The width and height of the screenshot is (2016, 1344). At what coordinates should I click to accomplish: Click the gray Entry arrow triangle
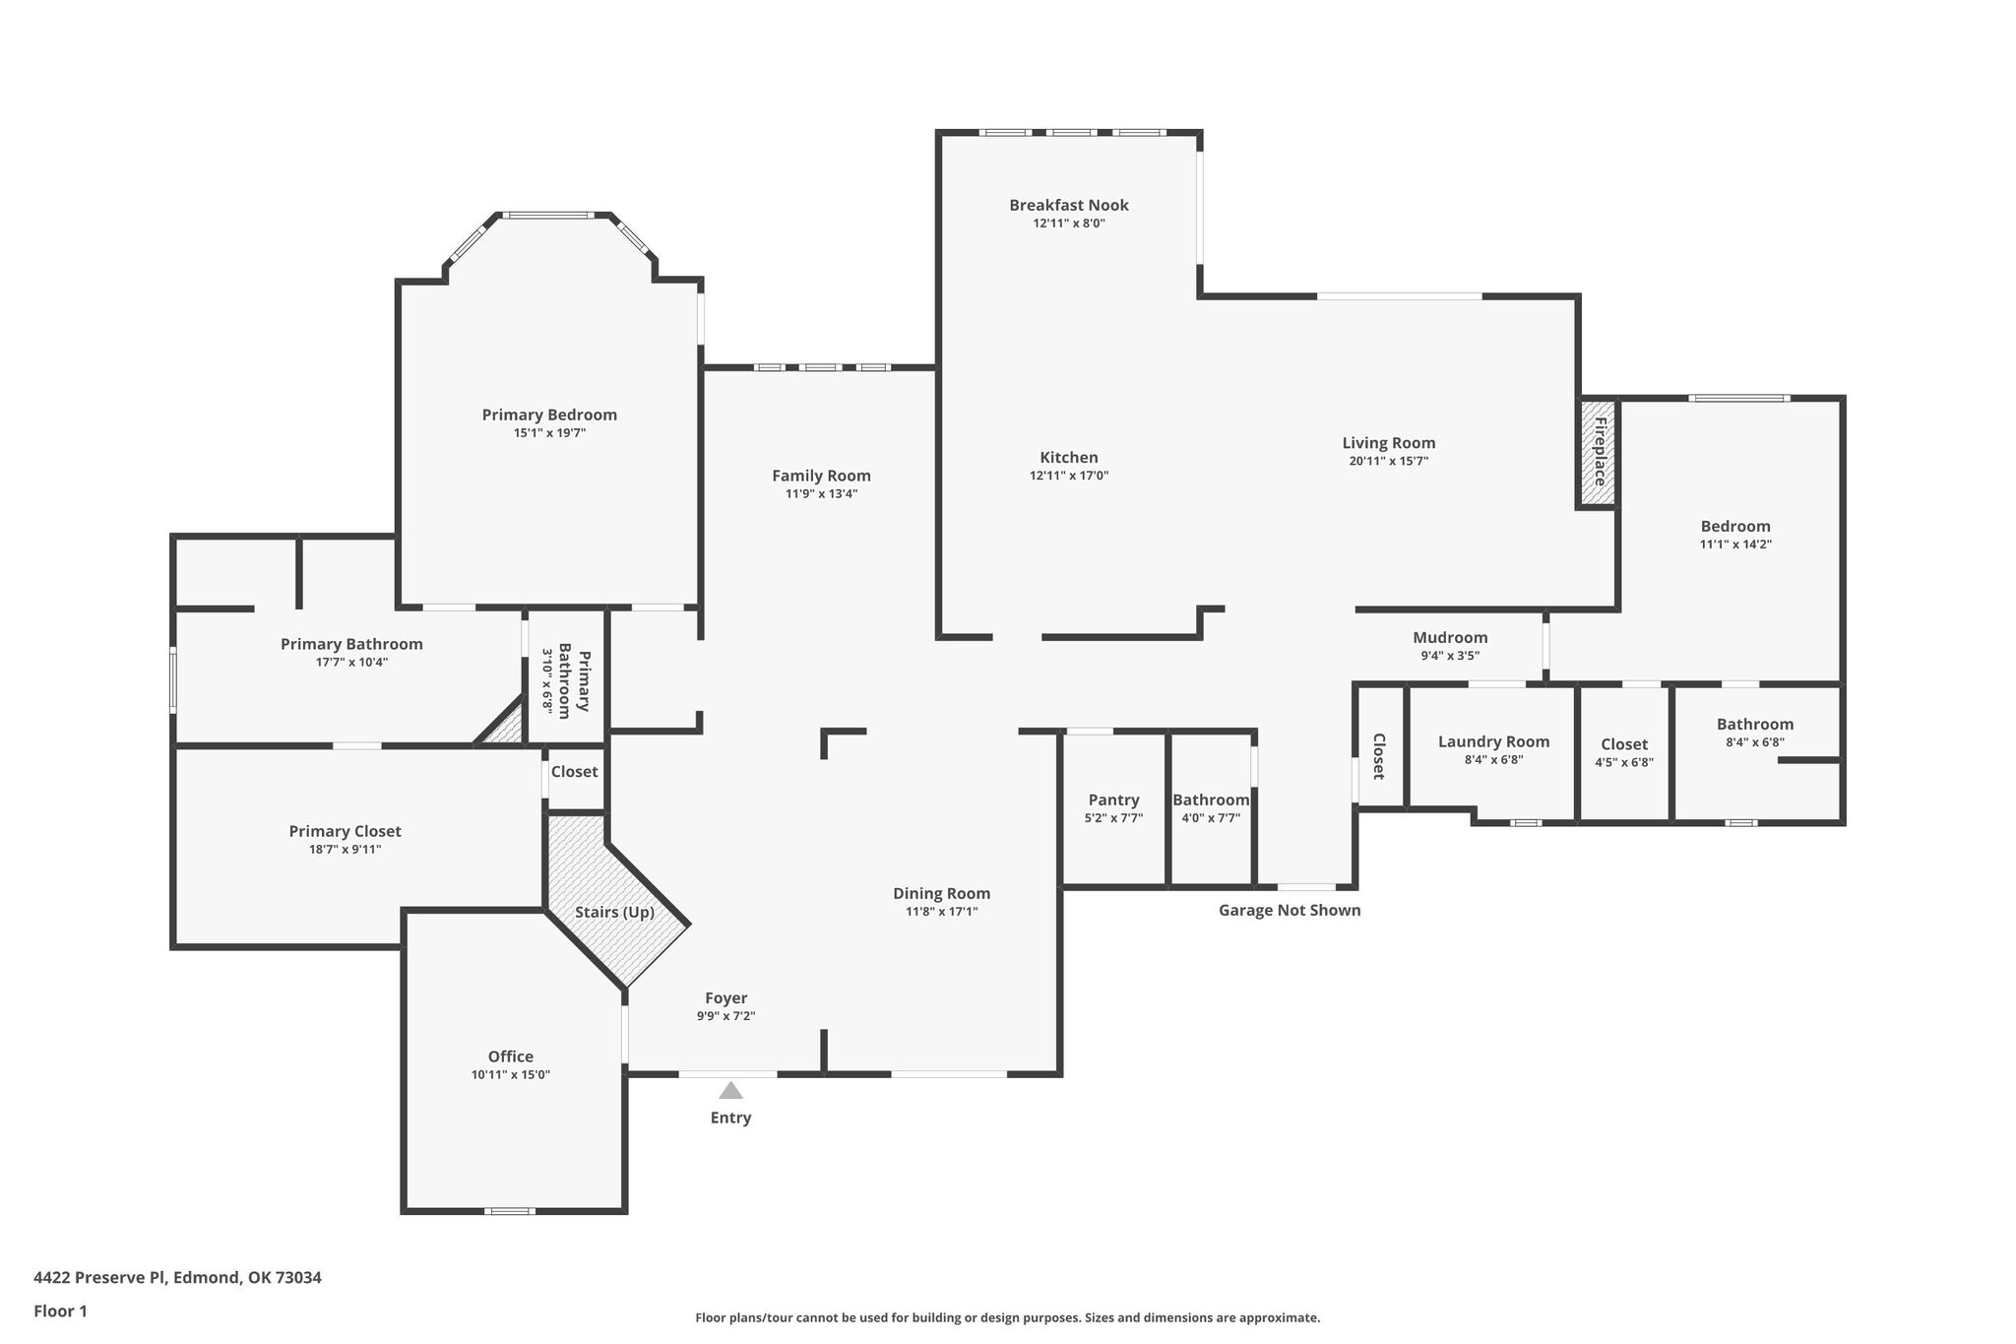(730, 1090)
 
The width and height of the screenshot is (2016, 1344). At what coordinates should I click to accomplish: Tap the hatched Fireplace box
(1599, 452)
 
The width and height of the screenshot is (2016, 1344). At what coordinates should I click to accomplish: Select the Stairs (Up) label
(615, 912)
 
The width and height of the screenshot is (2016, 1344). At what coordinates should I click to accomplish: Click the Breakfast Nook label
(1069, 205)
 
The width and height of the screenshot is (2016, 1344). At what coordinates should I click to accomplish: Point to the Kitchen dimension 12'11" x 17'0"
(1069, 476)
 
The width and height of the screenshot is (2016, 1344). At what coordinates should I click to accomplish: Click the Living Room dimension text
(1389, 461)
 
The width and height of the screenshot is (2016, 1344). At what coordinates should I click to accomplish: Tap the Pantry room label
(1113, 800)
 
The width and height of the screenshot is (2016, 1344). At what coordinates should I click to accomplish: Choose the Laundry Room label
(1493, 741)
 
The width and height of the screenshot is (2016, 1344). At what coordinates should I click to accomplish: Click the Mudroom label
(1450, 637)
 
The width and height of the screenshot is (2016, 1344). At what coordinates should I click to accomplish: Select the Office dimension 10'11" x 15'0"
(511, 1075)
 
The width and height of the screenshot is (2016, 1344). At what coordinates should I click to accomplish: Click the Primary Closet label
(345, 831)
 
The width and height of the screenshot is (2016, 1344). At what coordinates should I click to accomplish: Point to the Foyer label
(726, 997)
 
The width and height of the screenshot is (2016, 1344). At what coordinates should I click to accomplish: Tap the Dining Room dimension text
(942, 912)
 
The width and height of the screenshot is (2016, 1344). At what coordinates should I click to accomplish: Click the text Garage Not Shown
(1290, 910)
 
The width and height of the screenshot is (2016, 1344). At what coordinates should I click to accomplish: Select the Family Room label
(821, 476)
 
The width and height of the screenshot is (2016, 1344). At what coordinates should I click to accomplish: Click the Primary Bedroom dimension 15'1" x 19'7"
(549, 432)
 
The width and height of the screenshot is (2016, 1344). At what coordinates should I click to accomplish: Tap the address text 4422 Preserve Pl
(99, 1278)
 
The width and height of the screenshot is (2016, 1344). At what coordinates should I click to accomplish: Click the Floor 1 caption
(60, 1312)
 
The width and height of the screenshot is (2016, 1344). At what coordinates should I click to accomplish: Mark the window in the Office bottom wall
(510, 1211)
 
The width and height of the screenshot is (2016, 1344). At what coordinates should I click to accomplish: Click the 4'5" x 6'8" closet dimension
(1624, 762)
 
